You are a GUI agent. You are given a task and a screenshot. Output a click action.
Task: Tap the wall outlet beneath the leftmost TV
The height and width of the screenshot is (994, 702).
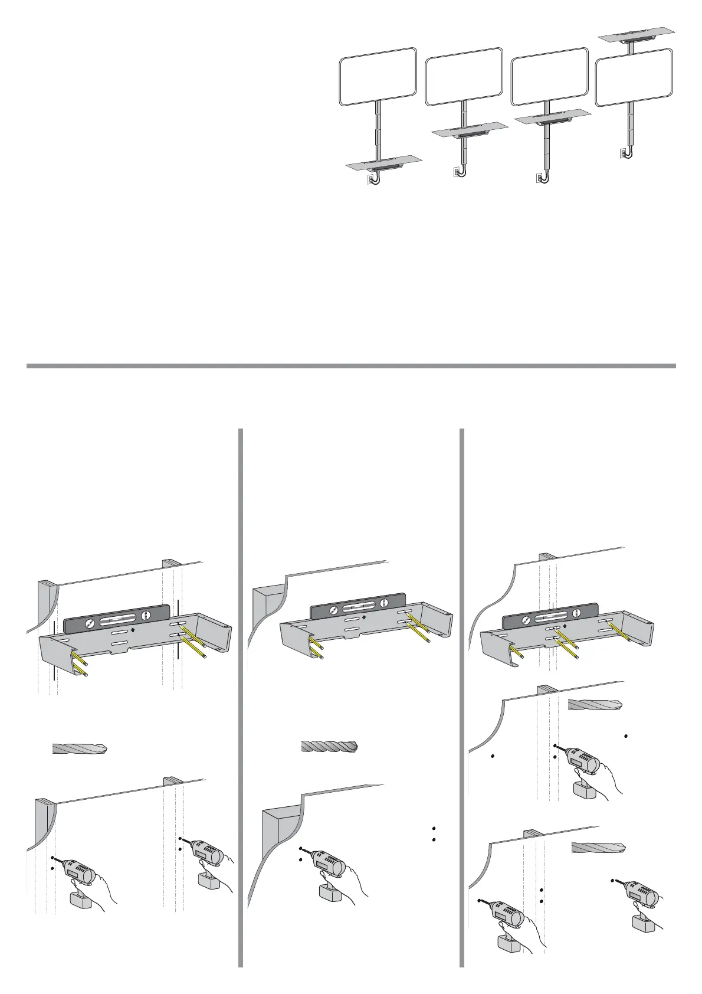370,177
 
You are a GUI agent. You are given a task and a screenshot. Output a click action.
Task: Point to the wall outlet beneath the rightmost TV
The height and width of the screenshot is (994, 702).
623,153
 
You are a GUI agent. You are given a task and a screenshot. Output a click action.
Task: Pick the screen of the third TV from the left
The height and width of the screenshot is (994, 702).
549,77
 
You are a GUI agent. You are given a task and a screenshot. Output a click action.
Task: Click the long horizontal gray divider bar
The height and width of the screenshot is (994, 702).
351,366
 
